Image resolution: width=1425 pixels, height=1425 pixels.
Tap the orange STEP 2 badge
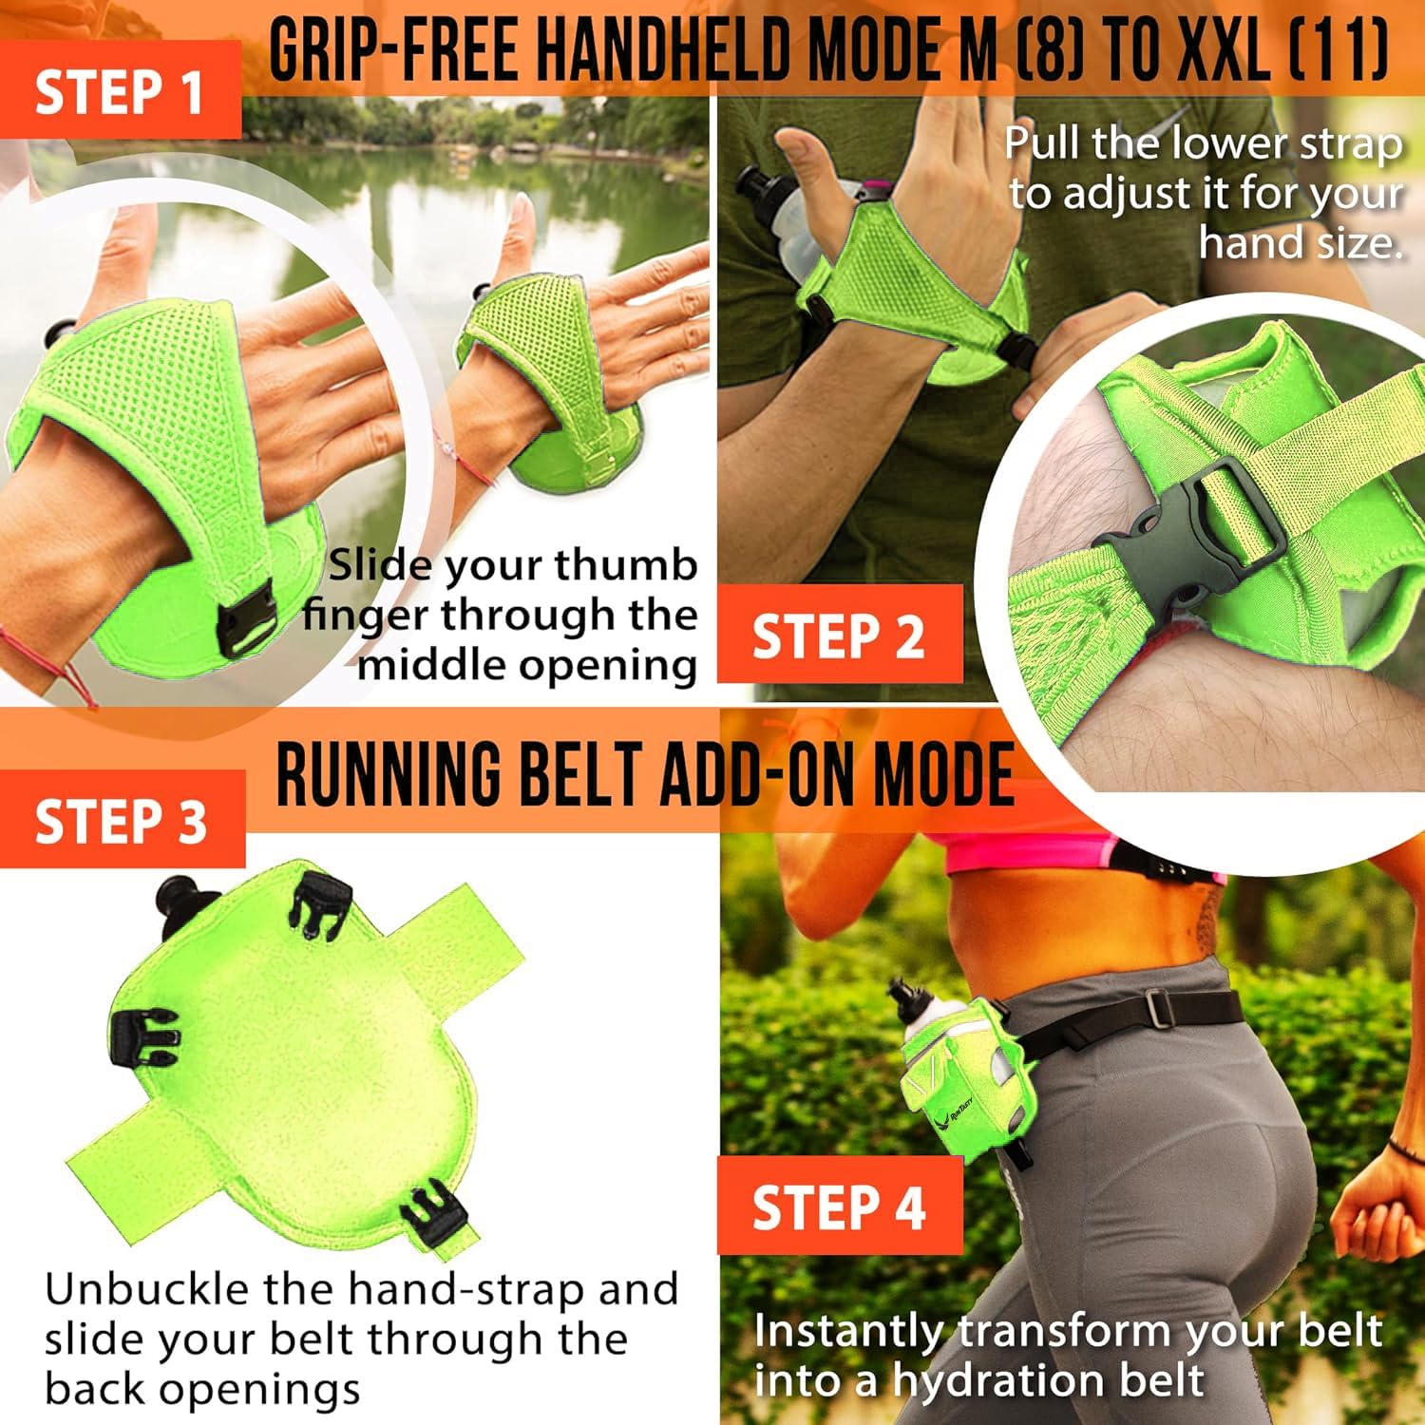pyautogui.click(x=839, y=634)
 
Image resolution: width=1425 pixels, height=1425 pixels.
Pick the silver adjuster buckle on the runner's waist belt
pyautogui.click(x=1157, y=1008)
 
